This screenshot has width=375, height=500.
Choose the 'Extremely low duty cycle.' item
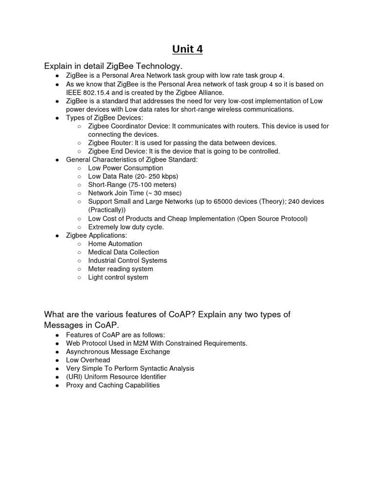click(126, 227)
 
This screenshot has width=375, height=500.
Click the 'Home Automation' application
click(115, 244)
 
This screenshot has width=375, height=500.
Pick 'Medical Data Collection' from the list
click(124, 252)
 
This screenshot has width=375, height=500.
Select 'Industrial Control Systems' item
click(127, 260)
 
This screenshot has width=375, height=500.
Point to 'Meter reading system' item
click(121, 269)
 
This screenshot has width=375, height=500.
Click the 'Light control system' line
click(118, 277)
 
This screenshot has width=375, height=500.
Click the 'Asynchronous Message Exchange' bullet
click(118, 352)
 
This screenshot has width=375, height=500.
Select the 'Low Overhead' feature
click(88, 360)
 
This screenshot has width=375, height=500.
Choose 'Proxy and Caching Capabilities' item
click(113, 385)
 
